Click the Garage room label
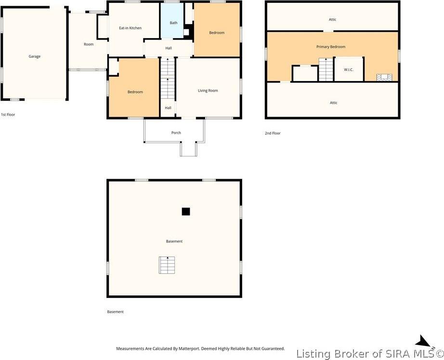click(x=35, y=56)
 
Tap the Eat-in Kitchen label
click(x=130, y=28)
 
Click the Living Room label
click(x=208, y=91)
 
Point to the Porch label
click(x=176, y=133)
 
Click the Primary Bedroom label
click(x=331, y=47)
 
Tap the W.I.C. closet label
click(x=349, y=70)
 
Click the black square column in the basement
click(x=186, y=212)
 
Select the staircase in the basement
click(x=167, y=265)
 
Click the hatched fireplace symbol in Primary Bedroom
click(x=384, y=78)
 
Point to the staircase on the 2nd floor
click(x=326, y=69)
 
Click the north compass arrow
click(x=424, y=341)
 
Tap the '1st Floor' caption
click(x=8, y=115)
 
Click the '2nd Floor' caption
click(x=273, y=133)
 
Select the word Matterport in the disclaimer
click(x=189, y=348)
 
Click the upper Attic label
click(x=332, y=20)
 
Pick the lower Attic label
click(x=334, y=103)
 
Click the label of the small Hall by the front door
click(x=168, y=108)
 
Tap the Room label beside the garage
click(x=89, y=44)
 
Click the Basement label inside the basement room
click(x=174, y=241)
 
